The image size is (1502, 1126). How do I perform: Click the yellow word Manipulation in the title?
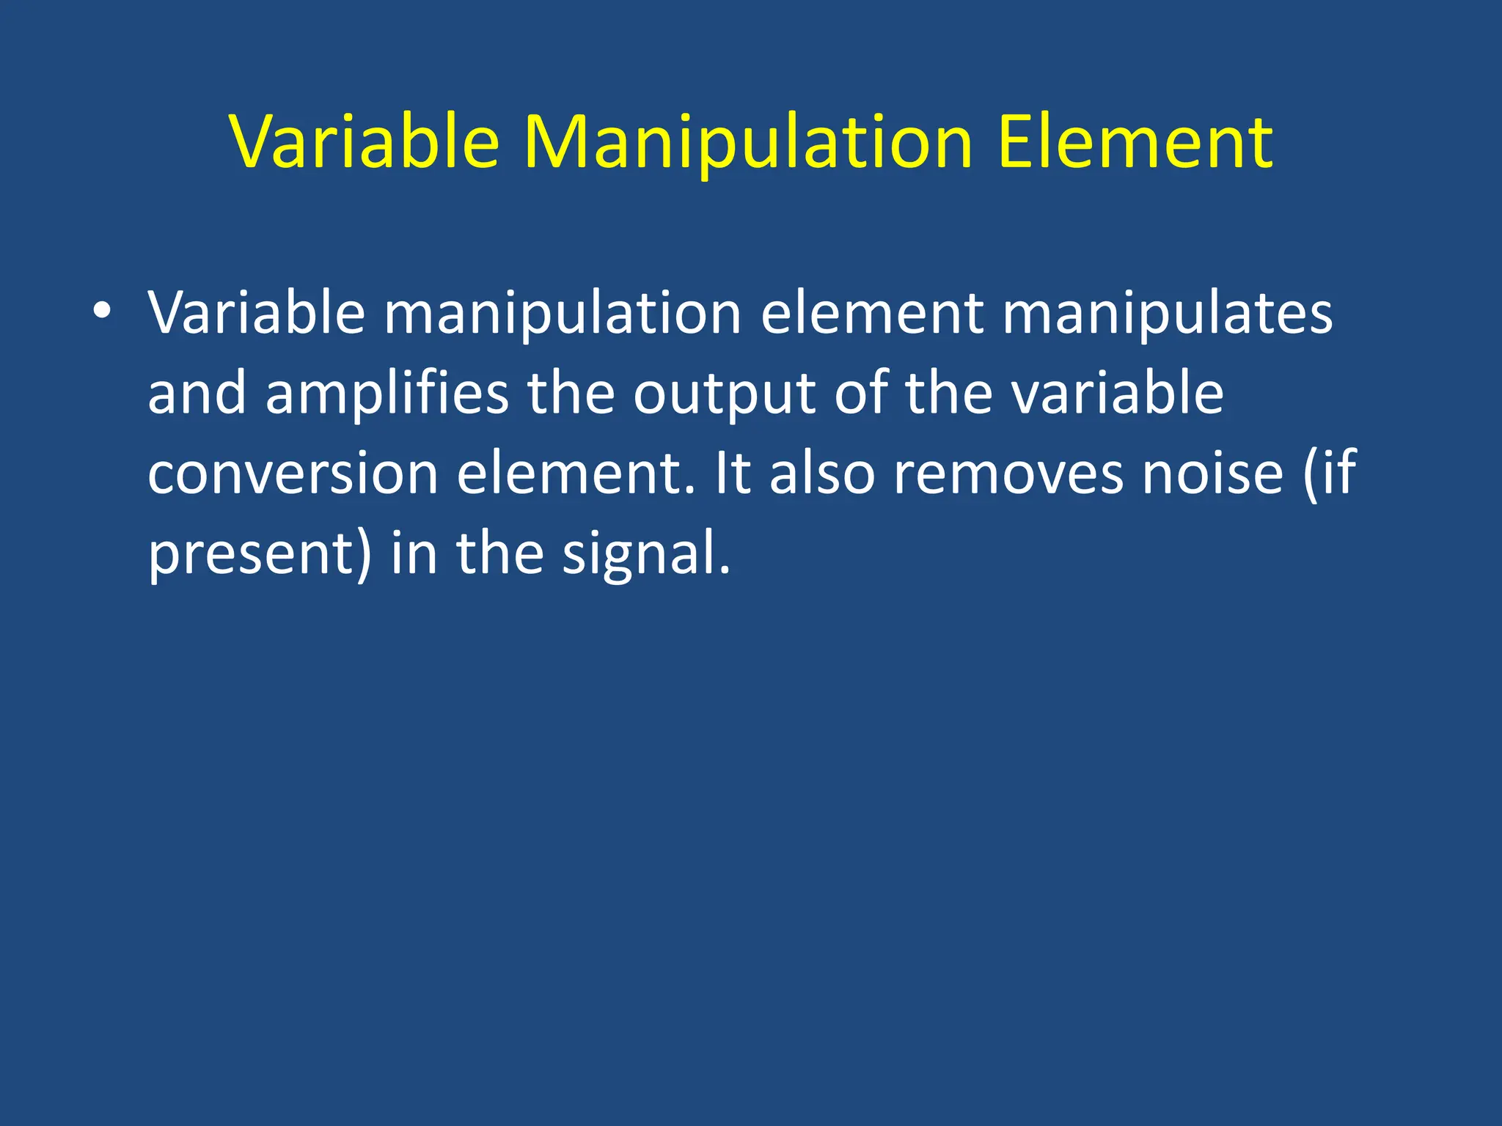tap(747, 143)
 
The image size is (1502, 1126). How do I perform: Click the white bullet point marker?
tap(102, 311)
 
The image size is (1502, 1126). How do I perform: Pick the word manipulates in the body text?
tap(1167, 314)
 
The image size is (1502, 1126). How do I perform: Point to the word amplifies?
tap(387, 393)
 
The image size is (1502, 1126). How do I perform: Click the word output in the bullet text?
tap(725, 394)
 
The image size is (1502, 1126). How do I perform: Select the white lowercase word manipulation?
tap(563, 314)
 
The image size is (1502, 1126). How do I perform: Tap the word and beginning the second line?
tap(197, 393)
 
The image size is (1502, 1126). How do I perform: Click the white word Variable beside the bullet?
tap(256, 314)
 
